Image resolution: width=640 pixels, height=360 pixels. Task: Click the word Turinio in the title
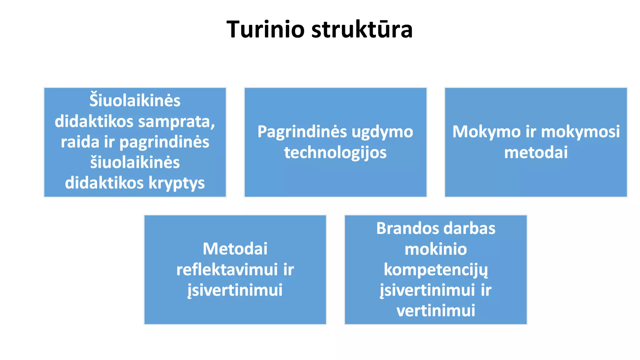click(265, 29)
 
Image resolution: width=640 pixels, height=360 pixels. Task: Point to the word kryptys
click(177, 183)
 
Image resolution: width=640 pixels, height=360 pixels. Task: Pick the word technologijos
click(335, 153)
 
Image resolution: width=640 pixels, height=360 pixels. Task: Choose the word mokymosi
click(580, 132)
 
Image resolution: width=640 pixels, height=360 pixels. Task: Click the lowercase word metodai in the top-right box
click(536, 153)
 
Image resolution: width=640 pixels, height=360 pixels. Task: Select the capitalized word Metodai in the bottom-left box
click(235, 249)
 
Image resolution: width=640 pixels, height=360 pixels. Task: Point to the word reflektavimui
click(227, 270)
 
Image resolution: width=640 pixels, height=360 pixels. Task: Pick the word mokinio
click(436, 249)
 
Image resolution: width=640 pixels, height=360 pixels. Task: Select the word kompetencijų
click(436, 270)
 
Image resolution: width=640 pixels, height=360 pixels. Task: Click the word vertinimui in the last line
click(436, 311)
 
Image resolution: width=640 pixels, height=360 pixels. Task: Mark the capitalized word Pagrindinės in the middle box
click(302, 132)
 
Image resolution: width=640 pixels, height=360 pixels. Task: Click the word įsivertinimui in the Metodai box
click(235, 290)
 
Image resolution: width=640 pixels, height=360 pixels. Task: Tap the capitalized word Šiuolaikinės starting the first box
click(135, 101)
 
